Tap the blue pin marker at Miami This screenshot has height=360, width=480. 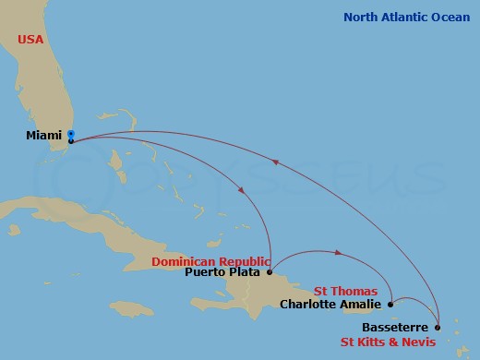pyautogui.click(x=71, y=136)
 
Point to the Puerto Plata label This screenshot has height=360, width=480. pyautogui.click(x=223, y=271)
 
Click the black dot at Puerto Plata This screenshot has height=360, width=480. pyautogui.click(x=269, y=272)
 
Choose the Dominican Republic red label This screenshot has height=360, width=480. pyautogui.click(x=211, y=260)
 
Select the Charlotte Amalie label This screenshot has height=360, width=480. pyautogui.click(x=330, y=303)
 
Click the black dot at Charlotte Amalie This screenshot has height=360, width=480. pyautogui.click(x=391, y=304)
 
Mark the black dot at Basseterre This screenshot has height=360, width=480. pyautogui.click(x=438, y=328)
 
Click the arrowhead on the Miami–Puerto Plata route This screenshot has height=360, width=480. pyautogui.click(x=242, y=191)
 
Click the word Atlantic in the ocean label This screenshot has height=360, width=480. pyautogui.click(x=403, y=17)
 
